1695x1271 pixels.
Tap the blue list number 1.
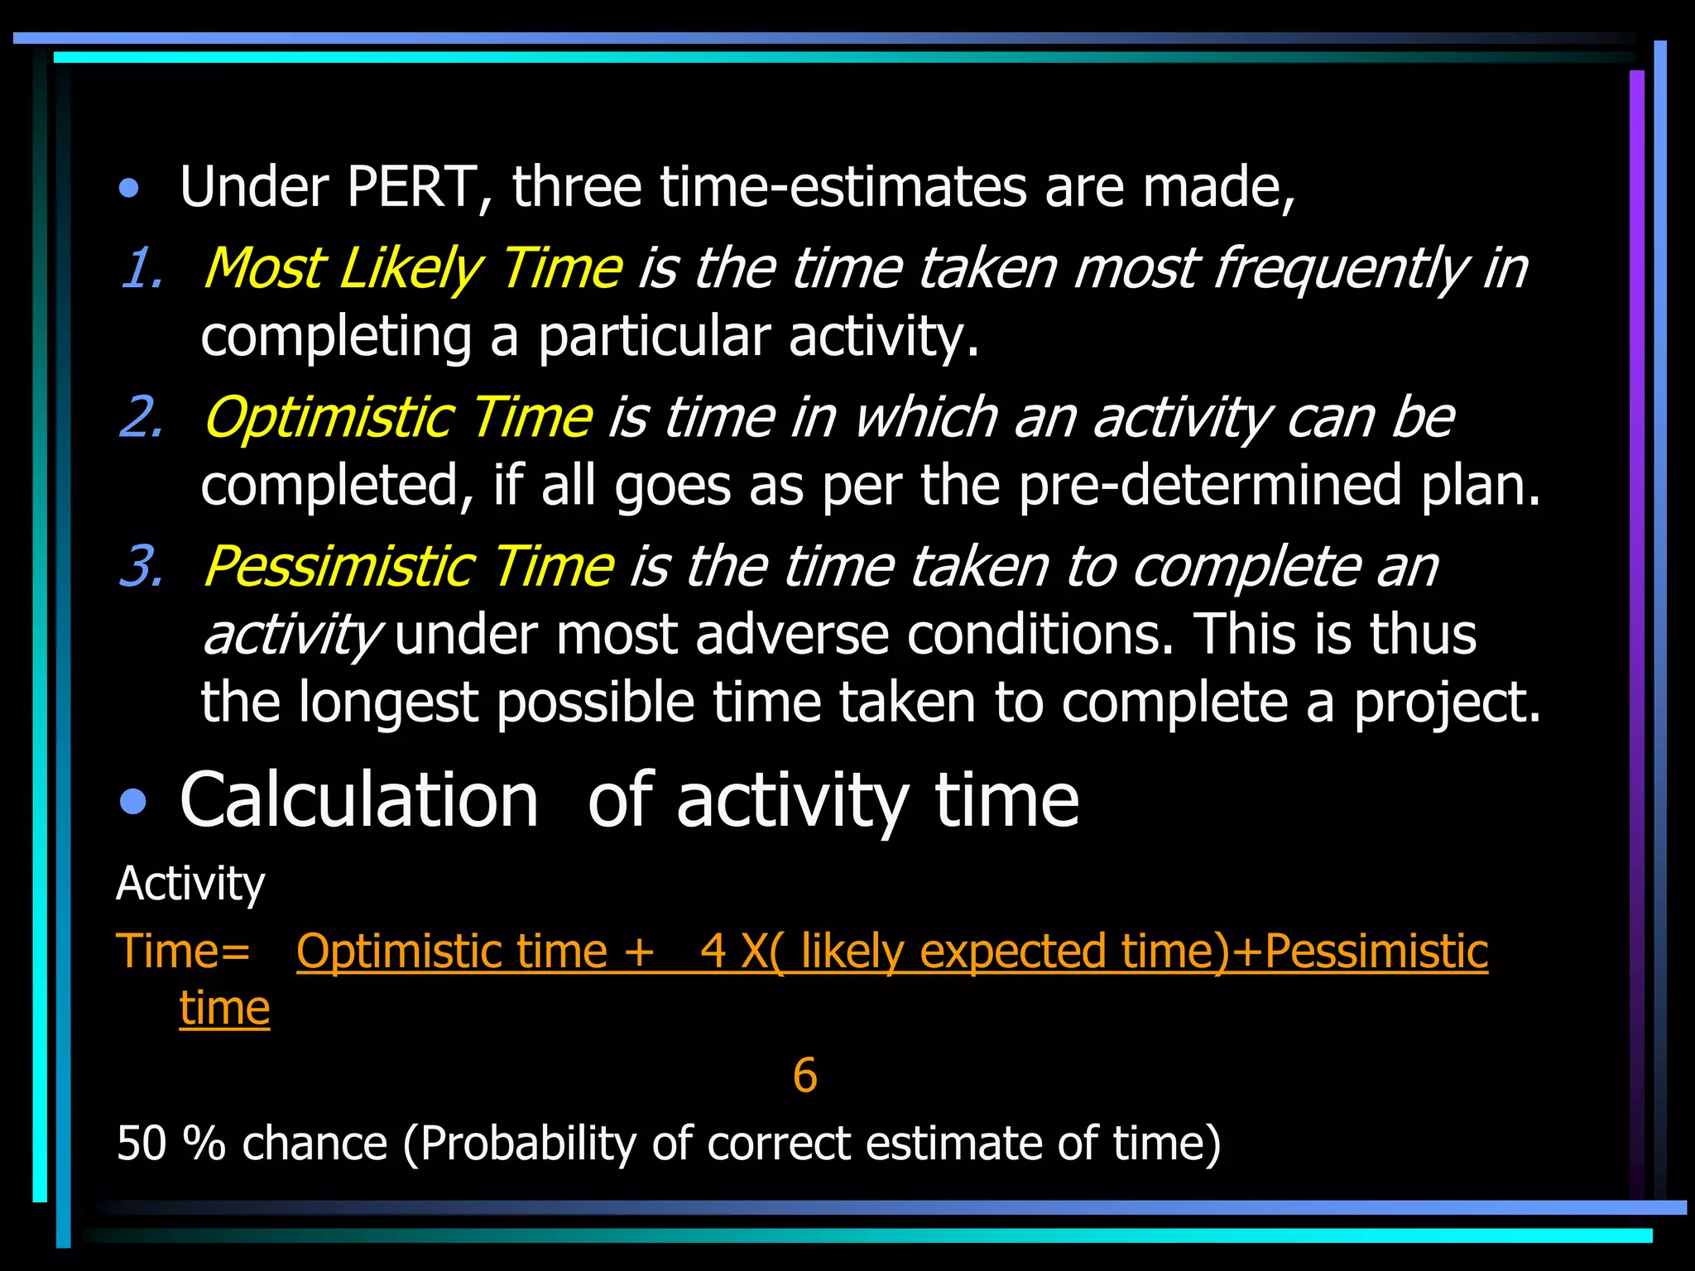(142, 269)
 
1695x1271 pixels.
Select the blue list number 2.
(142, 418)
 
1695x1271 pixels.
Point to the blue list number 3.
(142, 568)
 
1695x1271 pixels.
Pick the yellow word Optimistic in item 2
(328, 418)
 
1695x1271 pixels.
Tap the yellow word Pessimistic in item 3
(339, 568)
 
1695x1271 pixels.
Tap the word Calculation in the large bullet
(358, 801)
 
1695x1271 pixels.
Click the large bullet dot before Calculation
(132, 802)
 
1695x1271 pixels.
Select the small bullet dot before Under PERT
(128, 189)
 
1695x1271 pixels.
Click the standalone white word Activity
(190, 884)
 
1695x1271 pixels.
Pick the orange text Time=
(183, 951)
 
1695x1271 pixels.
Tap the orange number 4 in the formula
(713, 951)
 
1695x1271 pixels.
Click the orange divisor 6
(804, 1076)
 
